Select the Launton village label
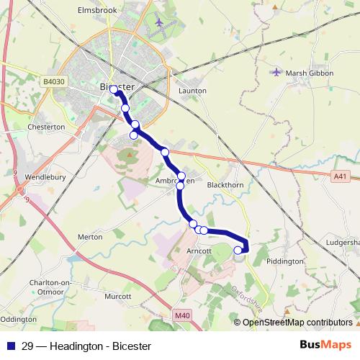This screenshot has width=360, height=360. [192, 91]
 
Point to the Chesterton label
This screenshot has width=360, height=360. [46, 127]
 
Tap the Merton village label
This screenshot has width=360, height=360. [90, 236]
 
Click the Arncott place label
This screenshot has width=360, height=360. [197, 251]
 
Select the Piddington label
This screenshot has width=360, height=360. [285, 261]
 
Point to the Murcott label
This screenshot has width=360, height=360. [117, 296]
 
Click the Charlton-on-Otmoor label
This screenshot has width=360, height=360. [49, 287]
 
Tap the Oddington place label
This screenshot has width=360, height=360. [18, 318]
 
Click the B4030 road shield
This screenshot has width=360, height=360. [53, 82]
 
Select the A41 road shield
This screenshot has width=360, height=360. [341, 176]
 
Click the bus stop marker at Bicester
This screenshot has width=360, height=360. [114, 90]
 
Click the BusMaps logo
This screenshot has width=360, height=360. [325, 345]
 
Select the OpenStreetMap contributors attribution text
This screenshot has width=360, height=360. [297, 322]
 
